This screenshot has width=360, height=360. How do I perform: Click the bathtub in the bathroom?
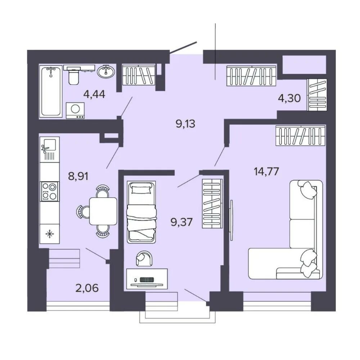click(x=51, y=91)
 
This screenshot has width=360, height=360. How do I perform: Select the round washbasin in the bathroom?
click(x=105, y=72)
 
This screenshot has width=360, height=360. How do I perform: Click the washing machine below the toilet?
click(x=75, y=111)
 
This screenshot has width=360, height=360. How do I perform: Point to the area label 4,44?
click(x=94, y=94)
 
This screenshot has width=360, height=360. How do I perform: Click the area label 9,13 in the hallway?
click(x=185, y=124)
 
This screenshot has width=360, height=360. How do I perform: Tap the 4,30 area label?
click(x=289, y=98)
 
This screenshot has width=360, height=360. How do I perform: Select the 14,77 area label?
click(x=266, y=171)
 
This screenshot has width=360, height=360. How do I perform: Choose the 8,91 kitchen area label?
click(x=78, y=176)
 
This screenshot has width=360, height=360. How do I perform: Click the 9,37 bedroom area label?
click(x=181, y=222)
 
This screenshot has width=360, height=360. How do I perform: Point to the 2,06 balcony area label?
click(x=87, y=288)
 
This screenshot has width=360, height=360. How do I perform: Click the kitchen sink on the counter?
click(x=49, y=149)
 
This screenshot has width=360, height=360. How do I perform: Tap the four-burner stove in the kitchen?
click(x=49, y=191)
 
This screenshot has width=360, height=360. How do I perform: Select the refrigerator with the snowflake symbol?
click(x=49, y=234)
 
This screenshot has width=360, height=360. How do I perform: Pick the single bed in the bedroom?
click(x=141, y=212)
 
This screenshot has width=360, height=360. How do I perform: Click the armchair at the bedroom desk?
click(x=144, y=258)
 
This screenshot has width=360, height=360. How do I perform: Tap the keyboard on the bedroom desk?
click(x=146, y=280)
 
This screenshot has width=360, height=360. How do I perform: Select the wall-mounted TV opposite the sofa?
click(x=231, y=220)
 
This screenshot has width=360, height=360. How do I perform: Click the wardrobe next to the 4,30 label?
click(x=317, y=95)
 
